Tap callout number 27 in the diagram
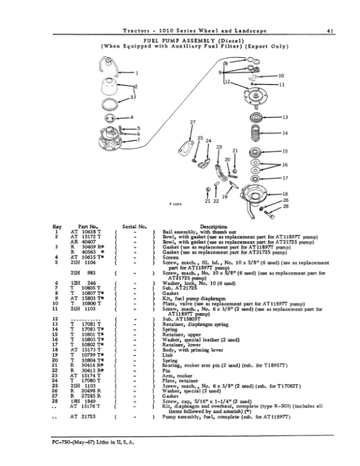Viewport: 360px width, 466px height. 192,123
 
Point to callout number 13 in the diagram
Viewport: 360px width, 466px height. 285,116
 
